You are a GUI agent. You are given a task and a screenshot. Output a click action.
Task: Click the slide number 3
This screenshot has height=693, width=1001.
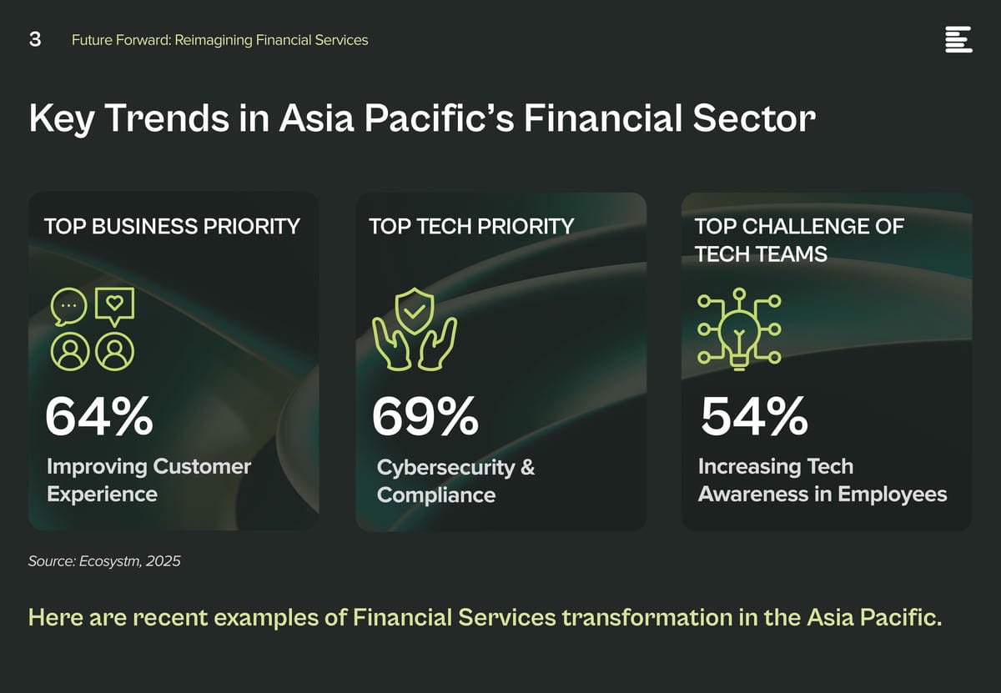35,39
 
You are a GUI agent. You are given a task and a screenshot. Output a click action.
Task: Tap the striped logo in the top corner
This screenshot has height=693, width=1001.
958,39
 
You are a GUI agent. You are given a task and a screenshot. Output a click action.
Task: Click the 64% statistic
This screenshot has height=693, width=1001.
99,416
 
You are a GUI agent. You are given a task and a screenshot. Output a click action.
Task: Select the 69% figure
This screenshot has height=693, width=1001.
425,416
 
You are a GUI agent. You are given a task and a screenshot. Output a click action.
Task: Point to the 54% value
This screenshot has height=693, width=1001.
754,416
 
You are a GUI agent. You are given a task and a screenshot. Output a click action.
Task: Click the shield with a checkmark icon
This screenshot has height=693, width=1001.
415,310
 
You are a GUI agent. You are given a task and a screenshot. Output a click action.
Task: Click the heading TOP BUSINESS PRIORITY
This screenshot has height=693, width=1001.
172,226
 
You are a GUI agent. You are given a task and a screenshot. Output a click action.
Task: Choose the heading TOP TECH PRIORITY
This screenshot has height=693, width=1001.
471,226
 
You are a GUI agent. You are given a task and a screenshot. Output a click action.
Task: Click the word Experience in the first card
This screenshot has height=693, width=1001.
102,495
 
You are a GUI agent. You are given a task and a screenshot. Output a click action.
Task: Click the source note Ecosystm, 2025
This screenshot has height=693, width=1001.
129,561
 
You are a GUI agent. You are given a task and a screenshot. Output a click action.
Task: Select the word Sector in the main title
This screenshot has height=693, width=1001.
754,118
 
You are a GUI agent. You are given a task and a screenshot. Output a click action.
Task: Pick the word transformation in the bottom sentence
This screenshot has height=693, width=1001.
647,617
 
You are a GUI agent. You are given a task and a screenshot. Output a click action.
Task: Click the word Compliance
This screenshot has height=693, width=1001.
436,495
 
